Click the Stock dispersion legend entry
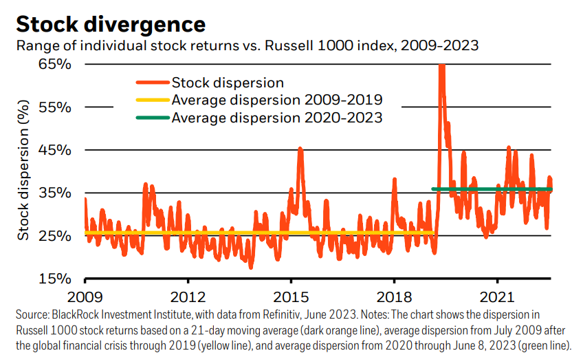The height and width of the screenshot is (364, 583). tap(228, 83)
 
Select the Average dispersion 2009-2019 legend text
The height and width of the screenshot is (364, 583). tap(277, 100)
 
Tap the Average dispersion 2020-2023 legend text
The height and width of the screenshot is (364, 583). tap(277, 118)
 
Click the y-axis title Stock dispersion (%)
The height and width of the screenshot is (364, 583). tap(24, 171)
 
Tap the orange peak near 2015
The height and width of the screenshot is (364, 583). tap(300, 149)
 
